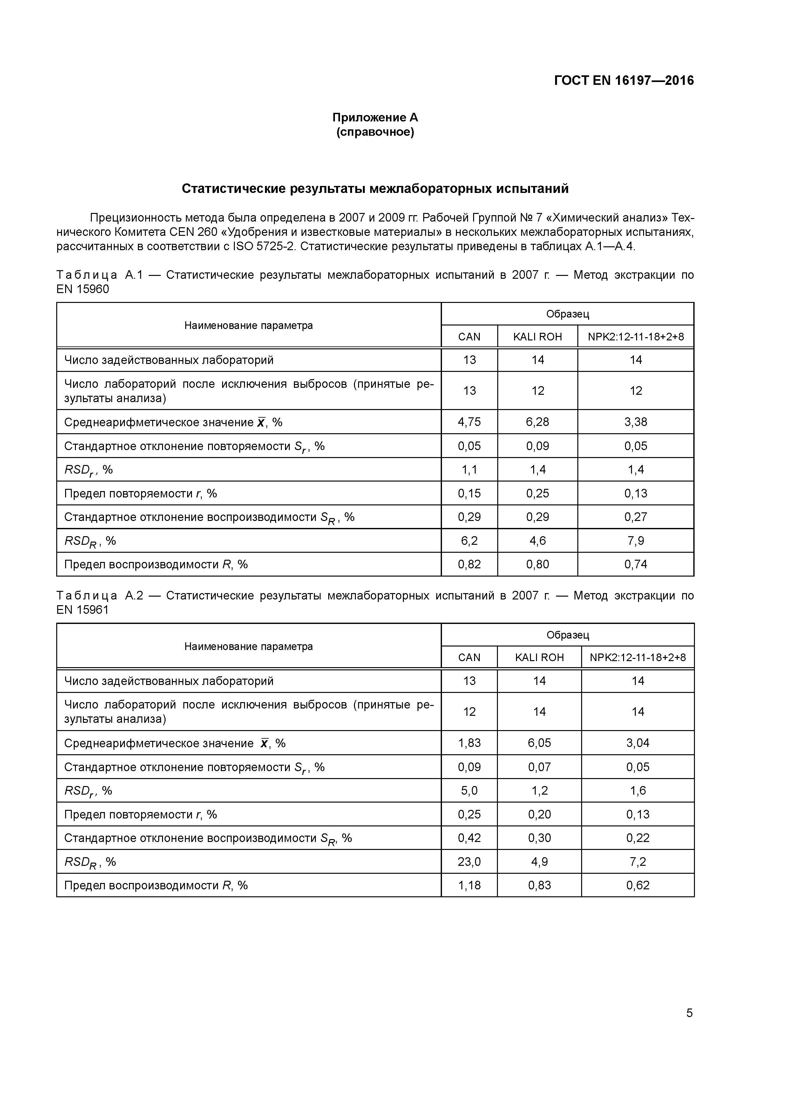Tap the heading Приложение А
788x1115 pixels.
375,118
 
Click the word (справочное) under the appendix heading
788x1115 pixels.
375,132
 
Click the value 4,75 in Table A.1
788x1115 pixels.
469,422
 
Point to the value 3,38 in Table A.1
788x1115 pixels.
635,422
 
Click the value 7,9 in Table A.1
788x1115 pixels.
635,541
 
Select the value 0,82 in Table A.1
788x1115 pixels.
469,564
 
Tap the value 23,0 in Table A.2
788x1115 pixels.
469,861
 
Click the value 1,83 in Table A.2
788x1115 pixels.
469,743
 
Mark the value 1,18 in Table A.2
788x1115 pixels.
469,885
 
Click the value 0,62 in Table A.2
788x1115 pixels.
637,885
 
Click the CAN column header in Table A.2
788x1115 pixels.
469,658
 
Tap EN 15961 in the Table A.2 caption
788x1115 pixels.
83,610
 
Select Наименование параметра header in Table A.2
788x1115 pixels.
248,646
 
